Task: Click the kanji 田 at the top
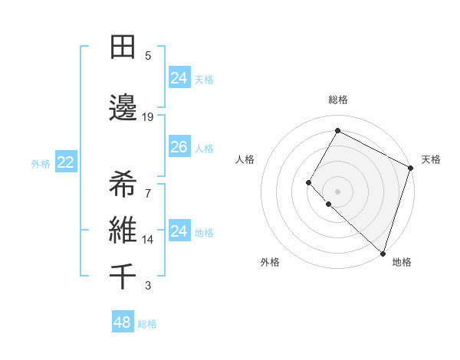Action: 123,47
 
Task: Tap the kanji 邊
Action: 123,108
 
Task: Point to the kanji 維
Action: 123,230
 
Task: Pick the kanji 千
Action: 123,276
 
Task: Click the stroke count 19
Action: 148,117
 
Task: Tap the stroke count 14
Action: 148,240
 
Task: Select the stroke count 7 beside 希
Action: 148,192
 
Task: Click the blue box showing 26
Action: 179,147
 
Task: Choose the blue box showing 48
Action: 122,322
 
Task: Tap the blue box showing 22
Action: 66,162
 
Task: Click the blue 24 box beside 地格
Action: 179,231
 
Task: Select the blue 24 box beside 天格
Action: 179,78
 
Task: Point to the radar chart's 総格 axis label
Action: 338,100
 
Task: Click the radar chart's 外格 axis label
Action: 270,262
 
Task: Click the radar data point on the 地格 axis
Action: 383,254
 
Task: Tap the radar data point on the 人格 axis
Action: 309,182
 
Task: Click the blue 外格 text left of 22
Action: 41,163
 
